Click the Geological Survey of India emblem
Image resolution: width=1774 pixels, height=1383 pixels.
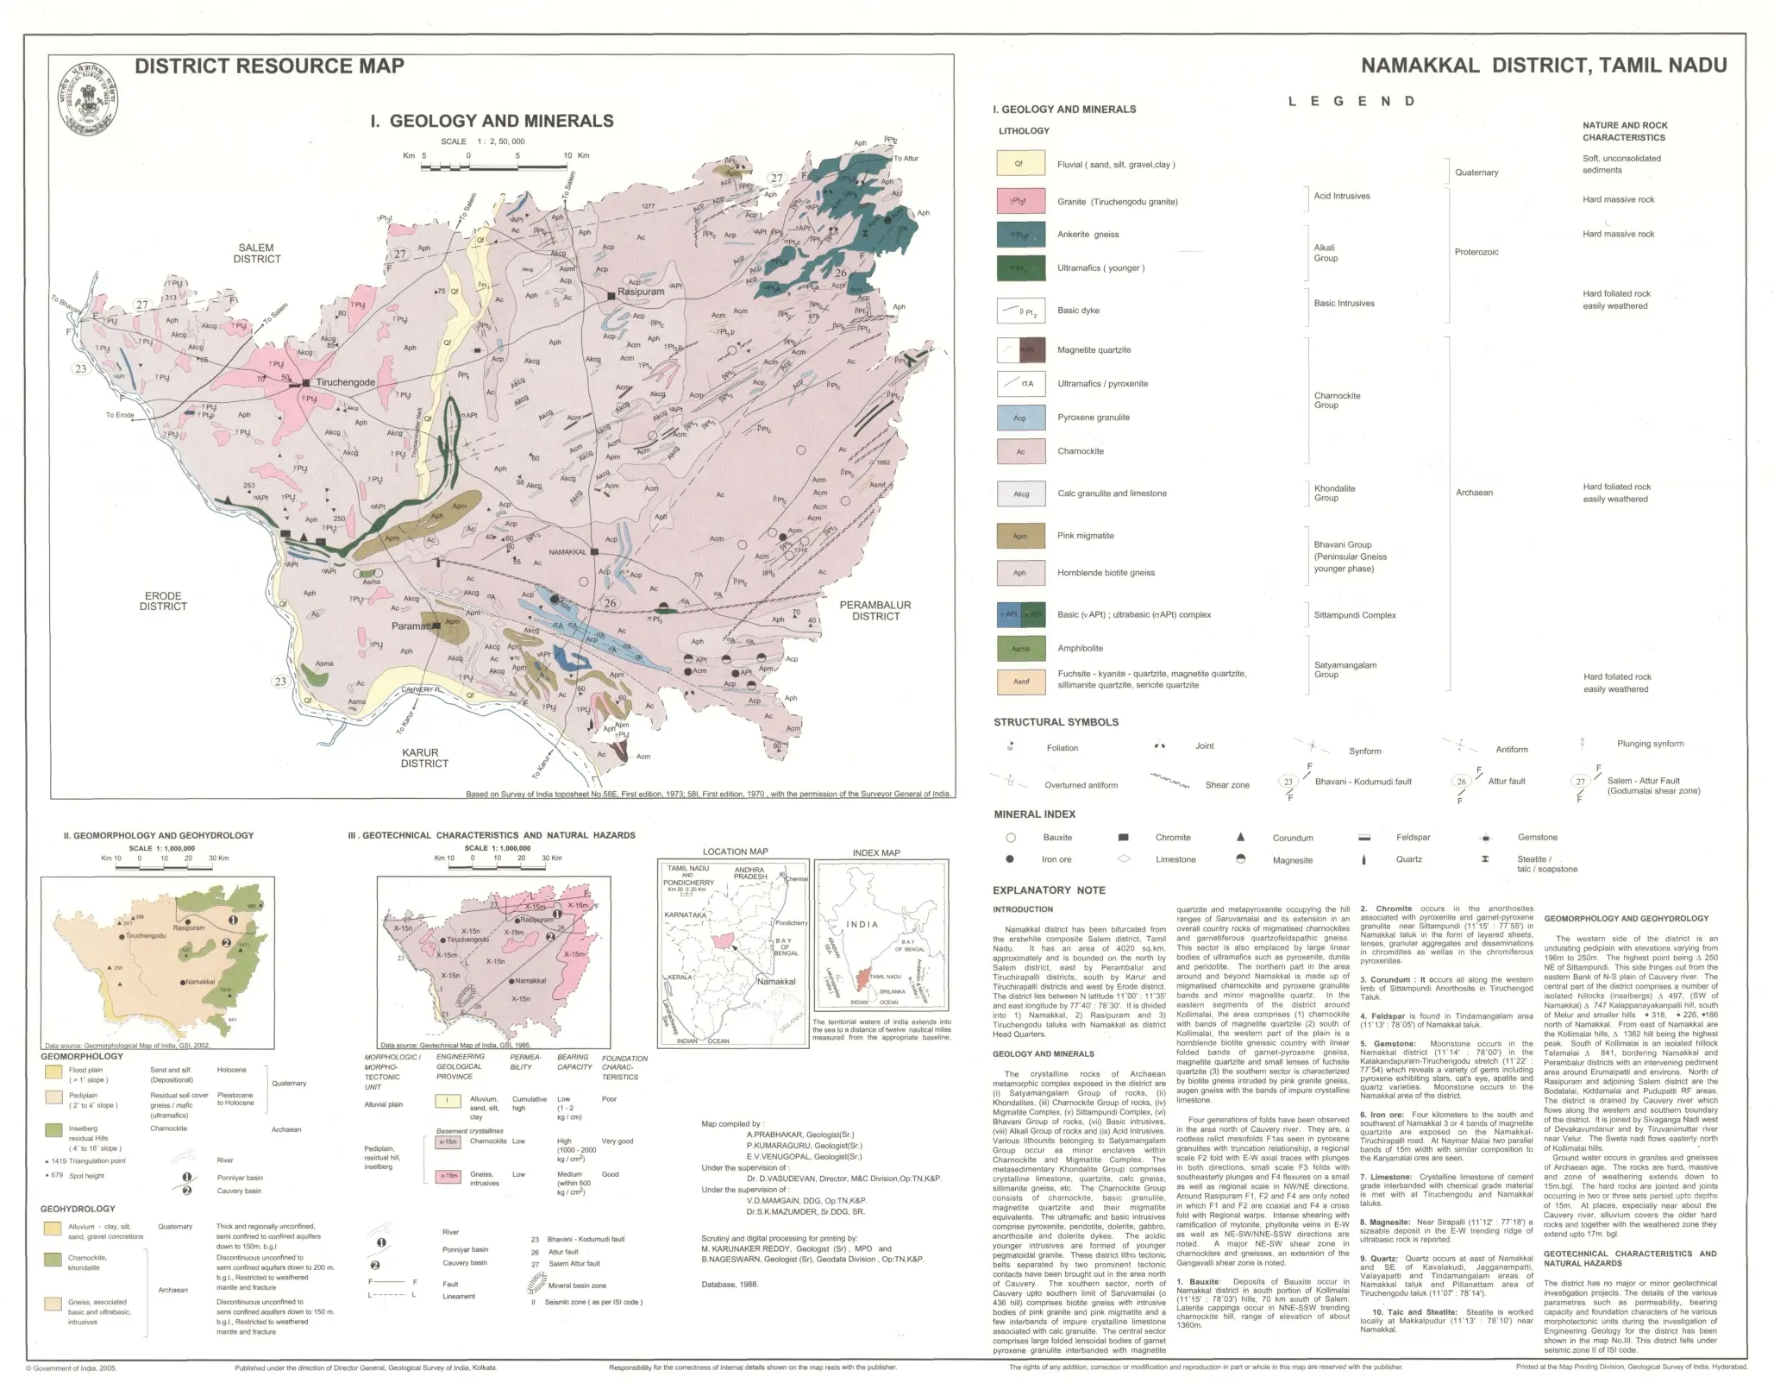click(89, 100)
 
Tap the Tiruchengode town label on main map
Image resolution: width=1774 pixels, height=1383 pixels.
click(345, 382)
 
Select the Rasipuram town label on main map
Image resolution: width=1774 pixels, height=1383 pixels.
click(641, 292)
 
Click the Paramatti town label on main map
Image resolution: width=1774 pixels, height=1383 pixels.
click(411, 626)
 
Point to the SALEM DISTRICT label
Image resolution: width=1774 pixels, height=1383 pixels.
click(256, 253)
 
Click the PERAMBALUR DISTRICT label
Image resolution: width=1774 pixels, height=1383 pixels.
click(875, 610)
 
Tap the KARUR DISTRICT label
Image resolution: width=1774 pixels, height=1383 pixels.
click(424, 758)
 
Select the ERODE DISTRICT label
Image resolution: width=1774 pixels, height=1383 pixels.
click(163, 600)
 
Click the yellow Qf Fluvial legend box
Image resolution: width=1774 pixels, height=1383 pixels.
click(1020, 164)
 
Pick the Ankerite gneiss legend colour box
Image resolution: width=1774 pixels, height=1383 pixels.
click(1020, 235)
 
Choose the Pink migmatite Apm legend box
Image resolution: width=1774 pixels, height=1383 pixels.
click(1020, 536)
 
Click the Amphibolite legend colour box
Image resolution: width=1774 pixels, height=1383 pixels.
click(1020, 648)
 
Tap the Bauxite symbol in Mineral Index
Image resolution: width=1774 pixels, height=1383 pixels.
click(1011, 837)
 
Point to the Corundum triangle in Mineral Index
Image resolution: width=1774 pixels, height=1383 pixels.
click(1240, 837)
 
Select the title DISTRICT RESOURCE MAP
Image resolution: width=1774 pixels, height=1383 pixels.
click(269, 66)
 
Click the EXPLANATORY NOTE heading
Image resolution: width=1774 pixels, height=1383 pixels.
click(1049, 890)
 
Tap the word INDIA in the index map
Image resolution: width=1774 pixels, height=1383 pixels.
click(862, 924)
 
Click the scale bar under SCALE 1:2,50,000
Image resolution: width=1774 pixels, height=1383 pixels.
click(492, 164)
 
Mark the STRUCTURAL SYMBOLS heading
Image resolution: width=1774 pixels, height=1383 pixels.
click(1056, 722)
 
